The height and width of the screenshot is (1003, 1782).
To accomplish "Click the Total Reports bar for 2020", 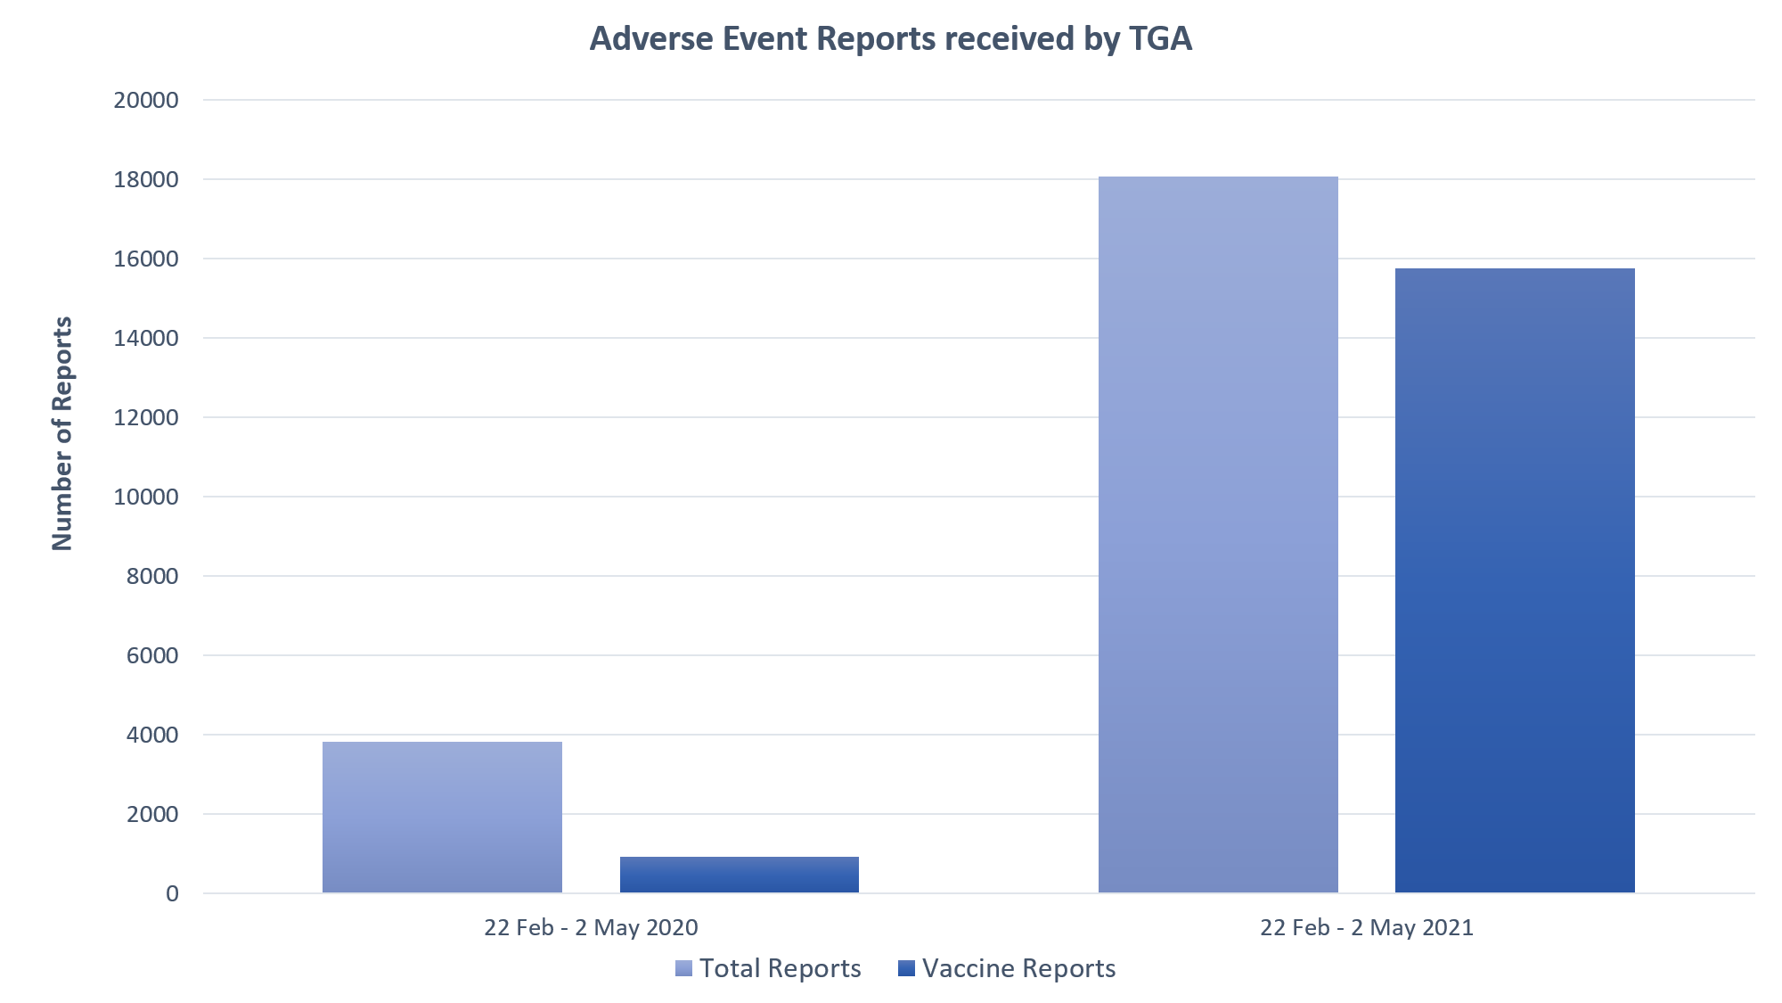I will pos(442,817).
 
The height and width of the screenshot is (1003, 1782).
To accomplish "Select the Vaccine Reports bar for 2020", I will pos(739,875).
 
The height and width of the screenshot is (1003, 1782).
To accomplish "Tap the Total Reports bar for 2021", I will pos(1218,535).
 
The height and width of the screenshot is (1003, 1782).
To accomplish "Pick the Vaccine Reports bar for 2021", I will pos(1515,580).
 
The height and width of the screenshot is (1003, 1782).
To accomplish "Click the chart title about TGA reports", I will pos(891,39).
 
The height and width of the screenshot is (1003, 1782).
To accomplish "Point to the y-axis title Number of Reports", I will pos(62,433).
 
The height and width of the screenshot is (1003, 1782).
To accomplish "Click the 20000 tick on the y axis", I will pos(146,100).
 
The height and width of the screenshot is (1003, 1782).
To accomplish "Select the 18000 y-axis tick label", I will pos(146,179).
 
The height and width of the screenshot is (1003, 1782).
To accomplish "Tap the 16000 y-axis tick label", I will pos(146,259).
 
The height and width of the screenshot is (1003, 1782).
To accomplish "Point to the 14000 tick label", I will pos(146,338).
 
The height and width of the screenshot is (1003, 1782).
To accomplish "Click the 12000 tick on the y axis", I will pos(146,417).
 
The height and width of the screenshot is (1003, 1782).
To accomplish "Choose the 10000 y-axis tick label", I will pos(146,497).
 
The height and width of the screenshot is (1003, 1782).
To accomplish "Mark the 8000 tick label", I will pos(151,576).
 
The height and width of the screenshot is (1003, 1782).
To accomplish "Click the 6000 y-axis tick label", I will pos(151,655).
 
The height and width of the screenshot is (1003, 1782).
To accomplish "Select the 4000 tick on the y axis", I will pos(151,735).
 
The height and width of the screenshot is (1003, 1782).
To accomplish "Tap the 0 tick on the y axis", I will pos(172,893).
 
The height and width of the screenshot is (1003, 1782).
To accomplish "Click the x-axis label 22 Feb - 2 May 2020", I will pos(591,927).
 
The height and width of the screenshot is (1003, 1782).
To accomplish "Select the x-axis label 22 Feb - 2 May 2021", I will pos(1367,927).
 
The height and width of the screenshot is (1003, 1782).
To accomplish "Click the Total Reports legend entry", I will pos(769,968).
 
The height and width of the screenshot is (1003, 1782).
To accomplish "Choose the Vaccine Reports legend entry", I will pos(1008,968).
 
